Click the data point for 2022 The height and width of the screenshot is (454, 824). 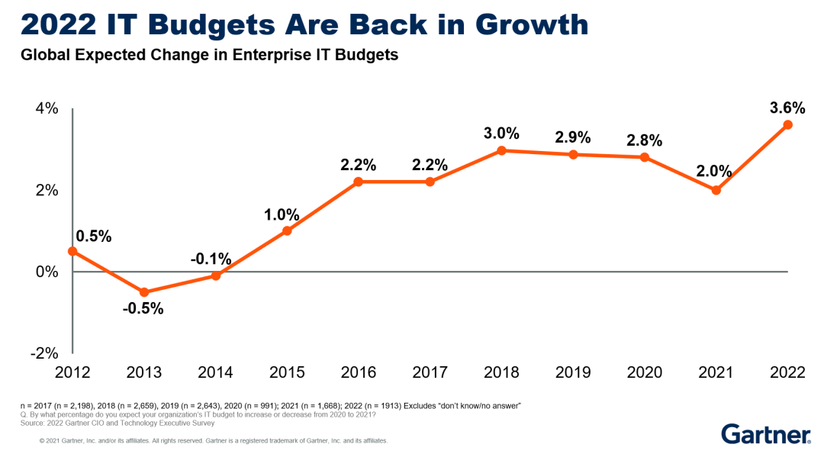[x=788, y=124]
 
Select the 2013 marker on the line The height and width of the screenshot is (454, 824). [x=144, y=292]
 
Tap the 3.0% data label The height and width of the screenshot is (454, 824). [x=501, y=134]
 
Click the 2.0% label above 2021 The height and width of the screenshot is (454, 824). [x=714, y=171]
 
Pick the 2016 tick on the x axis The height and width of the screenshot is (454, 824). [x=359, y=372]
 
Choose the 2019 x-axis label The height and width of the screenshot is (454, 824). [x=573, y=372]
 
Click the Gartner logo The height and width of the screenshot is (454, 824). [x=766, y=434]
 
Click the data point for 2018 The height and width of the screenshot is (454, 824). [x=501, y=150]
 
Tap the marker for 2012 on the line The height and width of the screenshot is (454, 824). [x=72, y=251]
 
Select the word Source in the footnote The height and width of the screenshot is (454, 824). [x=32, y=422]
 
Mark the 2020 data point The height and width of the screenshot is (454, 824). [x=645, y=157]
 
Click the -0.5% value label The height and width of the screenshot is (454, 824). [x=144, y=309]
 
